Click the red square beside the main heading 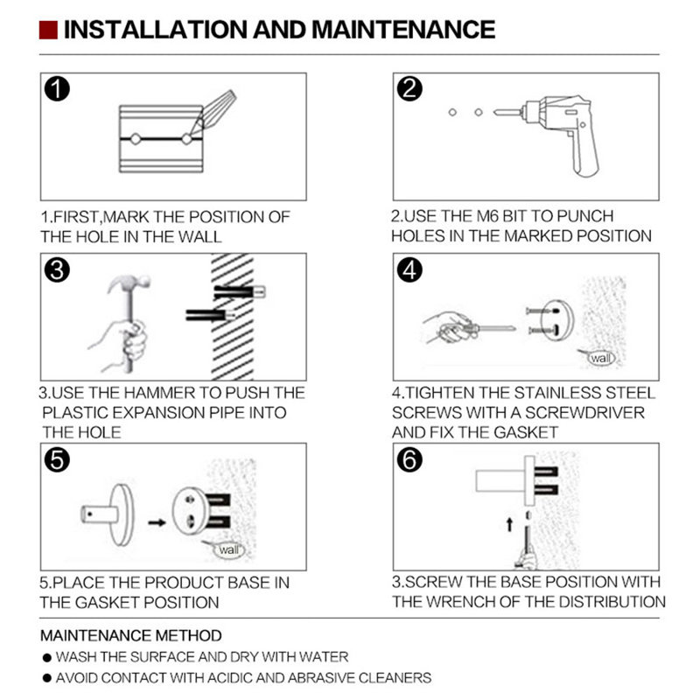pyautogui.click(x=48, y=30)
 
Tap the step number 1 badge pyautogui.click(x=57, y=88)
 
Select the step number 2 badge pyautogui.click(x=409, y=88)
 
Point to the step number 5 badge pyautogui.click(x=57, y=460)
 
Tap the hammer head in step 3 pyautogui.click(x=129, y=283)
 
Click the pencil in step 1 pyautogui.click(x=213, y=113)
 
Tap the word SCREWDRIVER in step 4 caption pyautogui.click(x=584, y=412)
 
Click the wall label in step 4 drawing pyautogui.click(x=600, y=358)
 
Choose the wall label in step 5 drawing pyautogui.click(x=229, y=549)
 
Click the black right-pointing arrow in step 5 pyautogui.click(x=157, y=522)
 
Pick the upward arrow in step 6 pyautogui.click(x=509, y=524)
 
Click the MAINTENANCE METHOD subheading pyautogui.click(x=130, y=635)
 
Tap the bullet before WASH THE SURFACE pyautogui.click(x=47, y=658)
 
